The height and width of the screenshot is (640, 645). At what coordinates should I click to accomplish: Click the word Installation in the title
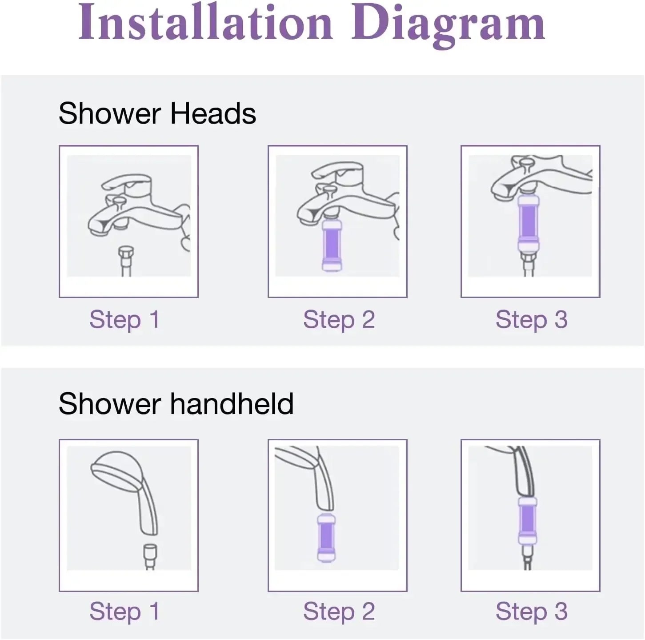click(x=205, y=23)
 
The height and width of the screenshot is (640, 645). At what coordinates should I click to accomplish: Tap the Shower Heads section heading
click(x=157, y=113)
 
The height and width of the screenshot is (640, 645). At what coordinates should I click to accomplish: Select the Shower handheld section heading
click(x=176, y=404)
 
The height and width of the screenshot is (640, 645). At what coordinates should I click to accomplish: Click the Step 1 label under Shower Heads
click(x=124, y=319)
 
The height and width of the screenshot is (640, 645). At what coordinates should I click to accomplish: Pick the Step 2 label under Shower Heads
click(x=339, y=319)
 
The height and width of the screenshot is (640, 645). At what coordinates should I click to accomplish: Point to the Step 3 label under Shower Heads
click(x=531, y=319)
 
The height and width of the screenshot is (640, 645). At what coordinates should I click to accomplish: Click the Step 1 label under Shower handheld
click(x=124, y=611)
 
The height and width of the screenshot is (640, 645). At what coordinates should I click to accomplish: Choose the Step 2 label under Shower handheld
click(x=339, y=611)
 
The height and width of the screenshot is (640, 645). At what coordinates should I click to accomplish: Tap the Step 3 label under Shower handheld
click(x=531, y=611)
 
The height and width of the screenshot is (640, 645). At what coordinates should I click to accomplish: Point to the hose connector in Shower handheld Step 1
click(x=150, y=552)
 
